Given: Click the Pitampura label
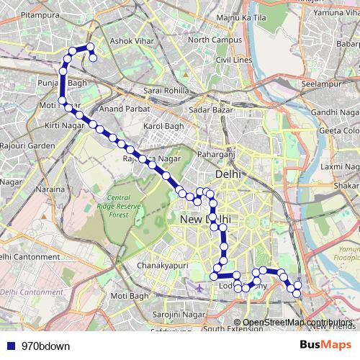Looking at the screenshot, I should click(x=21, y=13).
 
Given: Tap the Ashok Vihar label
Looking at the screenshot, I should click(x=132, y=42).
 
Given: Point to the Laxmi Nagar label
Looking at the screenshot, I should click(x=340, y=166).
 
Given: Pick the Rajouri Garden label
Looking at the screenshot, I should click(x=27, y=145).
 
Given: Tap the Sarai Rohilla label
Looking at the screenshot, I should click(x=166, y=91).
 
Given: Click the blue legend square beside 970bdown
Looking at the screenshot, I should click(x=9, y=346).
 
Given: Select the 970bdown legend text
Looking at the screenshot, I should click(x=41, y=346).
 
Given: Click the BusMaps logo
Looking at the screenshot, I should click(x=325, y=345).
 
